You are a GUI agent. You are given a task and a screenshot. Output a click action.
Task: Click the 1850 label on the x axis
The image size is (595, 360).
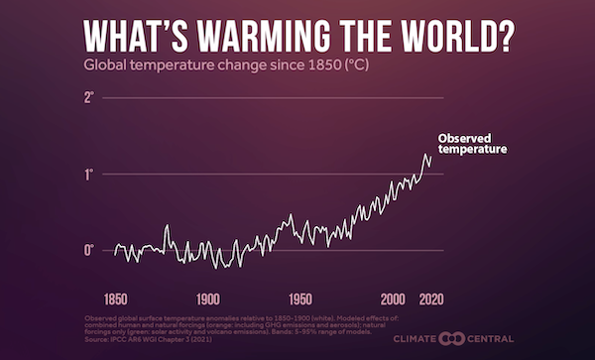[x=115, y=298]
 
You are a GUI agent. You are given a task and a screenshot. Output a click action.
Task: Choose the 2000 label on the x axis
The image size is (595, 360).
[x=394, y=298]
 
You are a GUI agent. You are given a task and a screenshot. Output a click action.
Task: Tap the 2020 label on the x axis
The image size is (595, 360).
[x=431, y=298]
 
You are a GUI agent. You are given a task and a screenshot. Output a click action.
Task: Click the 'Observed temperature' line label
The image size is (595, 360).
[x=472, y=143]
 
